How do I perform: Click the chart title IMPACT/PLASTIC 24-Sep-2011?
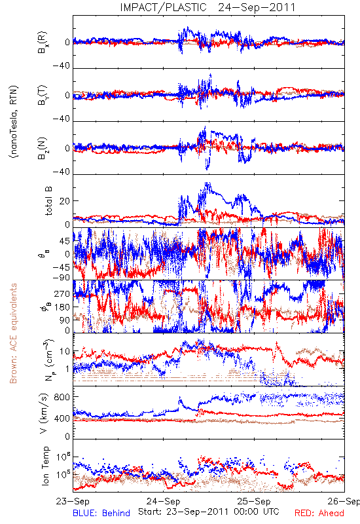pyautogui.click(x=207, y=7)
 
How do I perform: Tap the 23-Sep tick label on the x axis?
pyautogui.click(x=73, y=501)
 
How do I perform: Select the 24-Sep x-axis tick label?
pyautogui.click(x=163, y=501)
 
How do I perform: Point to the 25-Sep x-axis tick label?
pyautogui.click(x=254, y=501)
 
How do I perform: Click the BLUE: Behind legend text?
pyautogui.click(x=101, y=513)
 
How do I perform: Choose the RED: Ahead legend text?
pyautogui.click(x=319, y=513)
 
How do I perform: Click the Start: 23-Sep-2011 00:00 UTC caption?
pyautogui.click(x=208, y=512)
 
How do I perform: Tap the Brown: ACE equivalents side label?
pyautogui.click(x=13, y=333)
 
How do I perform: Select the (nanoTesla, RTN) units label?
pyautogui.click(x=14, y=122)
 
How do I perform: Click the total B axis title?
pyautogui.click(x=48, y=201)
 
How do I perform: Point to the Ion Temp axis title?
pyautogui.click(x=45, y=466)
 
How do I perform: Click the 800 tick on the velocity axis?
pyautogui.click(x=62, y=397)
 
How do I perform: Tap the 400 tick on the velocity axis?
pyautogui.click(x=62, y=418)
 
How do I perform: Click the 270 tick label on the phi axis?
pyautogui.click(x=62, y=293)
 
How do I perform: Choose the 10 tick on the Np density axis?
pyautogui.click(x=65, y=351)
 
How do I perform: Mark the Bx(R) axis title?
pyautogui.click(x=43, y=42)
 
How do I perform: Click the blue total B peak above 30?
pyautogui.click(x=207, y=184)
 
